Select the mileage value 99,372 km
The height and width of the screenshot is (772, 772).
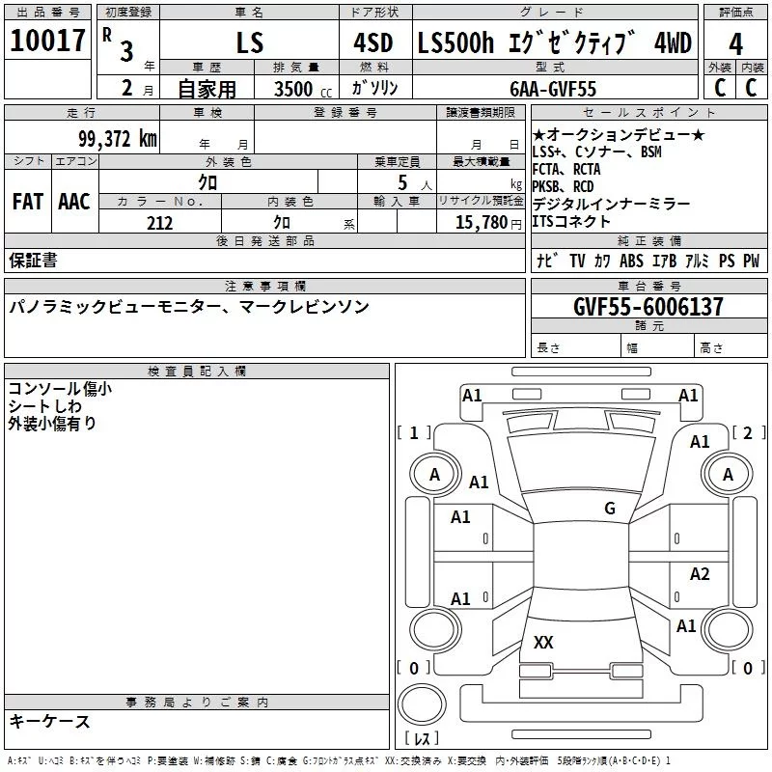(117, 138)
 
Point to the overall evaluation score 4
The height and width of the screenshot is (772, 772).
(735, 44)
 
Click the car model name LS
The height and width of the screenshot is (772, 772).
(249, 44)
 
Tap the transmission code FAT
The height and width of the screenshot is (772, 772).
(27, 201)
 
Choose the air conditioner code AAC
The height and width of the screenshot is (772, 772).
(74, 201)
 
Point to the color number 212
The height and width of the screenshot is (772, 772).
(159, 223)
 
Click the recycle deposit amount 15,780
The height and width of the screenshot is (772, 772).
(480, 223)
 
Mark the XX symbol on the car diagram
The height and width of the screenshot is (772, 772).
(543, 642)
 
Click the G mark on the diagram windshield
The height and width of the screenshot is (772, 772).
(609, 508)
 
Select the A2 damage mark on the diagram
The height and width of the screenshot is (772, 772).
(700, 574)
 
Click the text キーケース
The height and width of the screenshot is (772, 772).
(49, 722)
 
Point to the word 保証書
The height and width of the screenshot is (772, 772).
(33, 260)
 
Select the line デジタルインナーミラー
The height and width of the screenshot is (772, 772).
(610, 204)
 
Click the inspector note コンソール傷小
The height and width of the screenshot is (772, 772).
(59, 389)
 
